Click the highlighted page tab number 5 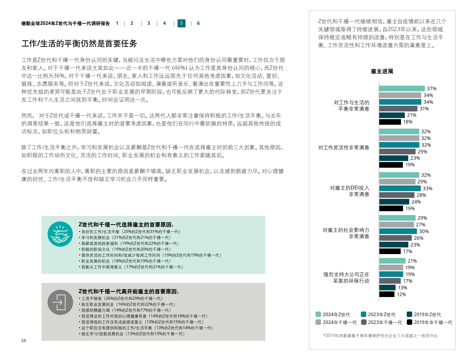[181, 23]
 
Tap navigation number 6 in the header [198, 23]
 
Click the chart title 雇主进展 [382, 71]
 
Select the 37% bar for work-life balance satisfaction [402, 89]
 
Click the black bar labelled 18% [390, 122]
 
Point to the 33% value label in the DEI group [427, 189]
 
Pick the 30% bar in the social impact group [398, 231]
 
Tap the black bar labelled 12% [387, 294]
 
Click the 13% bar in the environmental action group [387, 288]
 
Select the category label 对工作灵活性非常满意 [344, 148]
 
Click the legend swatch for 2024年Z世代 [318, 314]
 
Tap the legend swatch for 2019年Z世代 [409, 314]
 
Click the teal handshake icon [60, 234]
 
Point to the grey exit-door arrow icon [60, 302]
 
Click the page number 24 [24, 341]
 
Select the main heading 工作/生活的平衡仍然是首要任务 [79, 44]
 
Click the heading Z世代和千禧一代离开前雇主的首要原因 [129, 291]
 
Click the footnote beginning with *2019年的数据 [380, 336]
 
